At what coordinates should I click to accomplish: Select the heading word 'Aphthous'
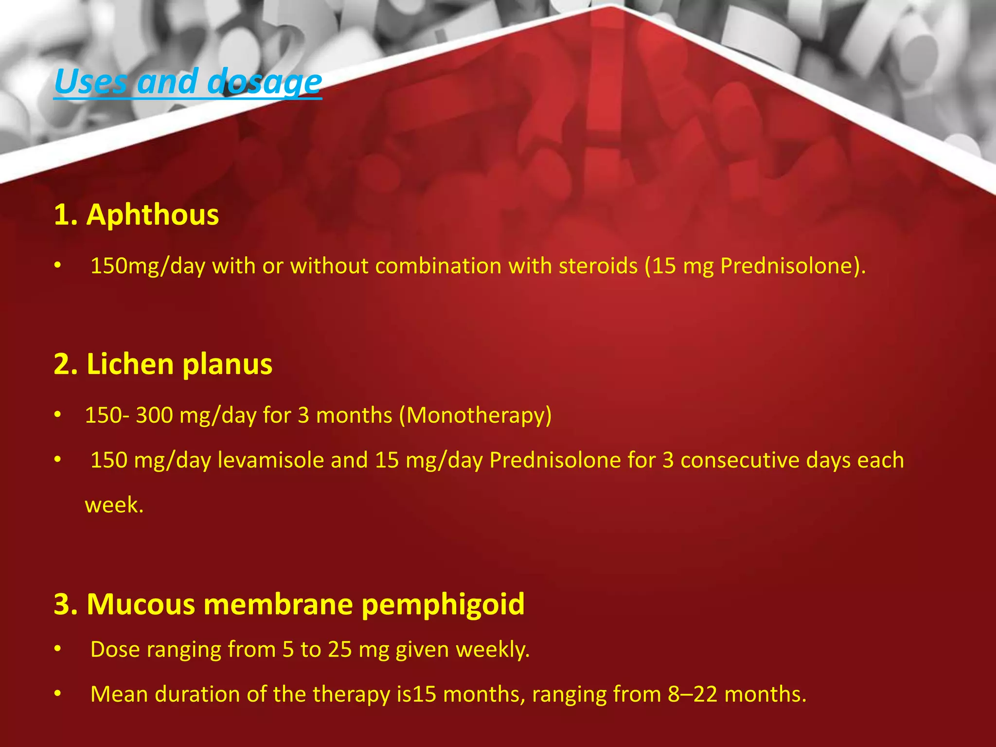click(x=152, y=214)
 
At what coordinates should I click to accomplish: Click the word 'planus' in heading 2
click(x=227, y=365)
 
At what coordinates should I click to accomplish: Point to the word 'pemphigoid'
click(x=443, y=605)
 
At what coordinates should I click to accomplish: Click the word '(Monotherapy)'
click(x=475, y=415)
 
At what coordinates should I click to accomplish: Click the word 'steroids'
click(x=598, y=266)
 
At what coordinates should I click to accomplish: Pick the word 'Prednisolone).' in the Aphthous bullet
click(x=793, y=266)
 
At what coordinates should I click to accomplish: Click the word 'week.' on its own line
click(x=114, y=505)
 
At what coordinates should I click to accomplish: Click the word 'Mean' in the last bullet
click(x=119, y=694)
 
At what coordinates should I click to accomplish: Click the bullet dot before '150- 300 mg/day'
click(x=58, y=415)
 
